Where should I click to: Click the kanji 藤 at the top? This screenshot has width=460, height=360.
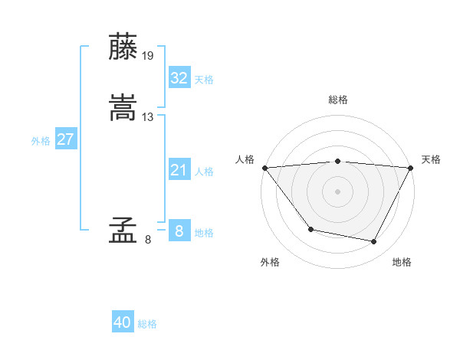(x=123, y=47)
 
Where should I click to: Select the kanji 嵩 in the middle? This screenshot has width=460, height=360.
(x=123, y=108)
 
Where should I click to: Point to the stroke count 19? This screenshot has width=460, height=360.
(x=148, y=55)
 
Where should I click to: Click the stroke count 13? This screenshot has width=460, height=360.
(x=148, y=116)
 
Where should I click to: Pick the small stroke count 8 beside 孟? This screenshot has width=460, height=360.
(x=148, y=240)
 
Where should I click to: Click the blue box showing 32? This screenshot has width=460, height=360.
(x=179, y=77)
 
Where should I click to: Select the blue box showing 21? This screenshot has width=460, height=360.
(x=179, y=170)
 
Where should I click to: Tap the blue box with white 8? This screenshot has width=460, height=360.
(x=179, y=231)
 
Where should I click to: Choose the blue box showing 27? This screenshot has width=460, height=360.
(x=65, y=139)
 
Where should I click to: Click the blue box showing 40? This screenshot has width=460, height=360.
(x=123, y=322)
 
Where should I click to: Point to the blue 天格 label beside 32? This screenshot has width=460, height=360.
(x=204, y=80)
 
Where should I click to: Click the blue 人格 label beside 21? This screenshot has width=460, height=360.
(x=204, y=172)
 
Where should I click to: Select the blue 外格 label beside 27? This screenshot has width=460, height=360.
(x=41, y=141)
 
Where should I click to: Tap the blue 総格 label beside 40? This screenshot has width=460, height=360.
(x=147, y=324)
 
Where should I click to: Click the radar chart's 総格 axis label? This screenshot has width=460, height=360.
(x=338, y=100)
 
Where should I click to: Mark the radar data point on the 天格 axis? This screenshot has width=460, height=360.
(x=410, y=168)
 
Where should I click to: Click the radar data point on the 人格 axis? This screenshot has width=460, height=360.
(x=265, y=168)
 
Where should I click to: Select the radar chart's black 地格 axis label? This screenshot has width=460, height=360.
(x=402, y=263)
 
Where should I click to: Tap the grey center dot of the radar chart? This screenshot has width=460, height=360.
(x=338, y=191)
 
